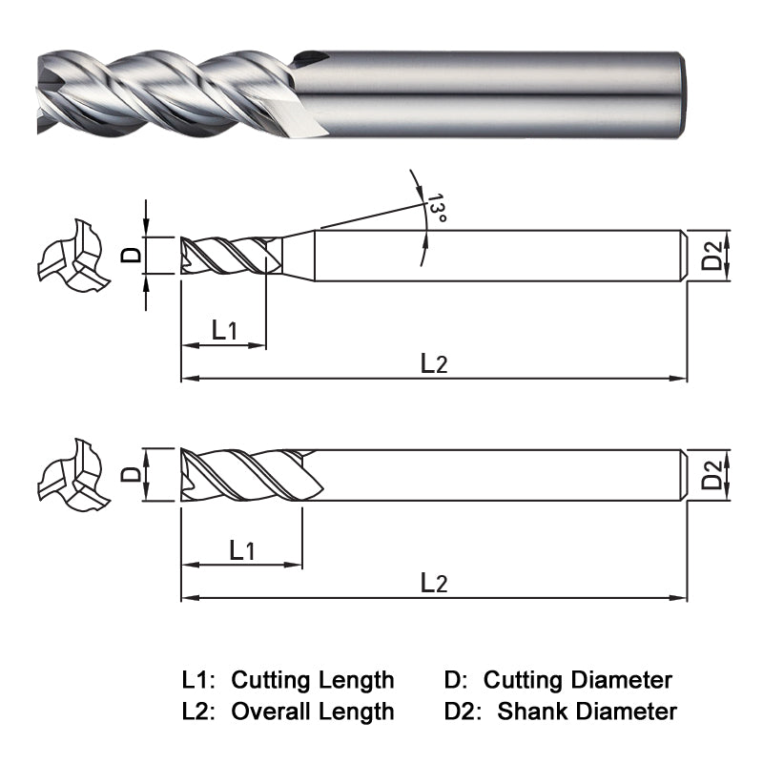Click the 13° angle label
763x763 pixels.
coord(437,209)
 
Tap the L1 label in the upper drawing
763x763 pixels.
coord(224,331)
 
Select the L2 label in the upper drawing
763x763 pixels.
coord(433,362)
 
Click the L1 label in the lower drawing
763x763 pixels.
coord(242,550)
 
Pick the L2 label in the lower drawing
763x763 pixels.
coord(433,583)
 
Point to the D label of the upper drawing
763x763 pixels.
coord(133,254)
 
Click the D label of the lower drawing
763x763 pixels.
coord(133,474)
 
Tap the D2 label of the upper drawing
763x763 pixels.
coord(712,256)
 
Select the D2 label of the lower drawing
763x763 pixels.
coord(712,474)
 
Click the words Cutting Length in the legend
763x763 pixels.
coord(313,680)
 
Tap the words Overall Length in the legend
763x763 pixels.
coord(313,711)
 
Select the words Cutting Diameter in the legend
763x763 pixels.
coord(577,680)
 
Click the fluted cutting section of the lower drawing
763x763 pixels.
coord(248,473)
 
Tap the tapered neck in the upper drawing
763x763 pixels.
coord(299,255)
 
